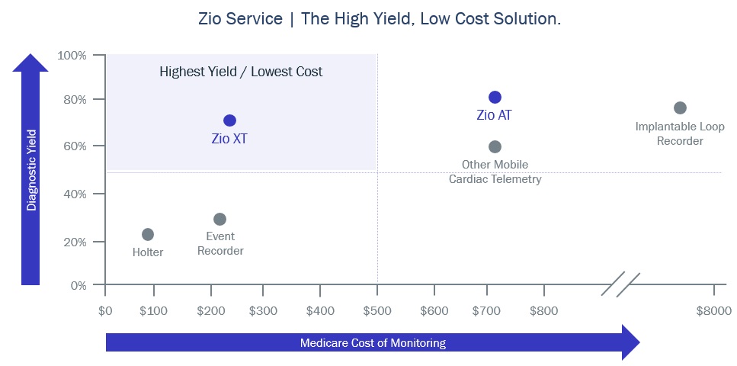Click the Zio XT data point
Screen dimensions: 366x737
(x=229, y=120)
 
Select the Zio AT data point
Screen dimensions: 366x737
(x=495, y=97)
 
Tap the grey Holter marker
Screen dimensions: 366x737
(x=148, y=234)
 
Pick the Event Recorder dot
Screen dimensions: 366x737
(x=219, y=219)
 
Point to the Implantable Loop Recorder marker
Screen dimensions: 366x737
(x=680, y=108)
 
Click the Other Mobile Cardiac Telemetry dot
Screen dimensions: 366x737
(x=495, y=146)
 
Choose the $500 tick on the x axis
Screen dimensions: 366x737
(x=377, y=310)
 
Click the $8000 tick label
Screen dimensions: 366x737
(x=713, y=310)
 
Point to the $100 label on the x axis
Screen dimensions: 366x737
(x=153, y=310)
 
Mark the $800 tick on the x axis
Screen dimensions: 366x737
(x=544, y=310)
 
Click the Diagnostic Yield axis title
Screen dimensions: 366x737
(x=31, y=169)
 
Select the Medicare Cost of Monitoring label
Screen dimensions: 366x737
(x=373, y=342)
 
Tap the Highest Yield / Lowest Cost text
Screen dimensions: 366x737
(x=241, y=72)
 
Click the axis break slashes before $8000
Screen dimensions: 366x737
(x=624, y=284)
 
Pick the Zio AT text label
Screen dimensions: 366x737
(x=494, y=115)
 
